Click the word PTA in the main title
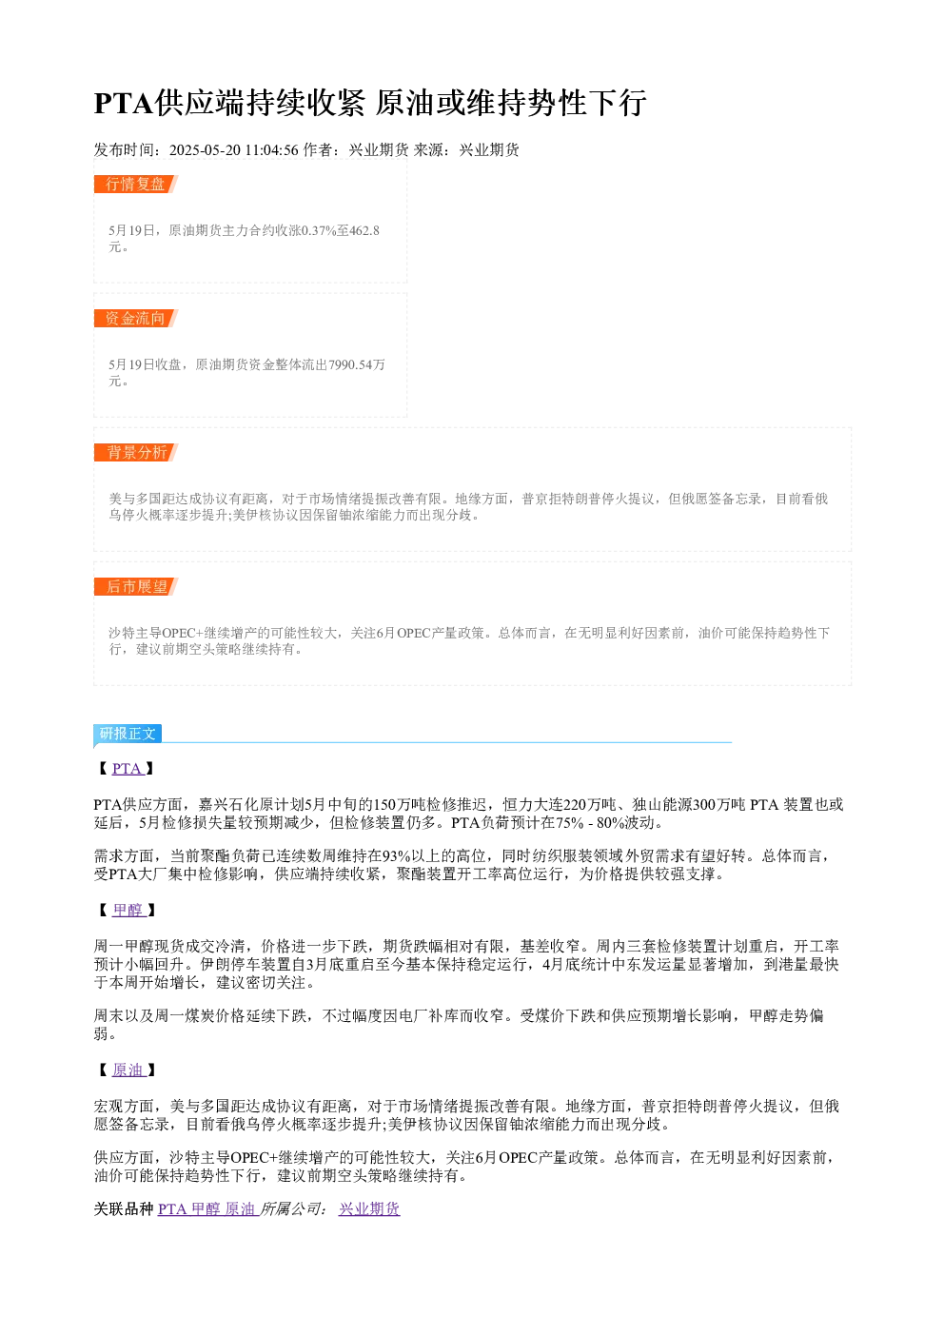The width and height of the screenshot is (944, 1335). (124, 103)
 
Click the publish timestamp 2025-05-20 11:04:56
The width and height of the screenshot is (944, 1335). (233, 149)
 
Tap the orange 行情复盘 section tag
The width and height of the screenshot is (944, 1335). (135, 185)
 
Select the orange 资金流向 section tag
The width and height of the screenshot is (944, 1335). (135, 318)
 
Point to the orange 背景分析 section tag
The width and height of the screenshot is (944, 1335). (135, 452)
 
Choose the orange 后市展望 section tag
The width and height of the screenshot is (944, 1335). (135, 586)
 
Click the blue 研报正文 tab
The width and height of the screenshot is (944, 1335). (128, 733)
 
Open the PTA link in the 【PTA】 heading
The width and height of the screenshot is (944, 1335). (127, 769)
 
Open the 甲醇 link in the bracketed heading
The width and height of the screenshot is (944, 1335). (128, 910)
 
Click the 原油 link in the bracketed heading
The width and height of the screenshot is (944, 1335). (128, 1070)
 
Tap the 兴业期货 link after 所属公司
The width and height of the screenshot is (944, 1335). (369, 1208)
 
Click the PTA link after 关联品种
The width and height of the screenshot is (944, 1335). (172, 1208)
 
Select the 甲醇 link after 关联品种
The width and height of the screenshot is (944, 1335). (206, 1208)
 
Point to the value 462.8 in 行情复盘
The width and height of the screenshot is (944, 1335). (364, 230)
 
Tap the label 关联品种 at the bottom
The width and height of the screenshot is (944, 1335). (124, 1208)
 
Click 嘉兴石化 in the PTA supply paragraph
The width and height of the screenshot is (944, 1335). (228, 805)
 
